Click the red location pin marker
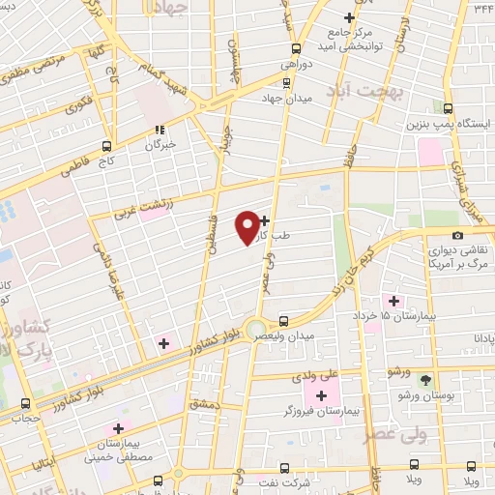click(247, 226)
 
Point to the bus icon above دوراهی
click(295, 47)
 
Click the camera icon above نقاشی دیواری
click(456, 235)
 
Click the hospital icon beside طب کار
click(265, 221)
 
